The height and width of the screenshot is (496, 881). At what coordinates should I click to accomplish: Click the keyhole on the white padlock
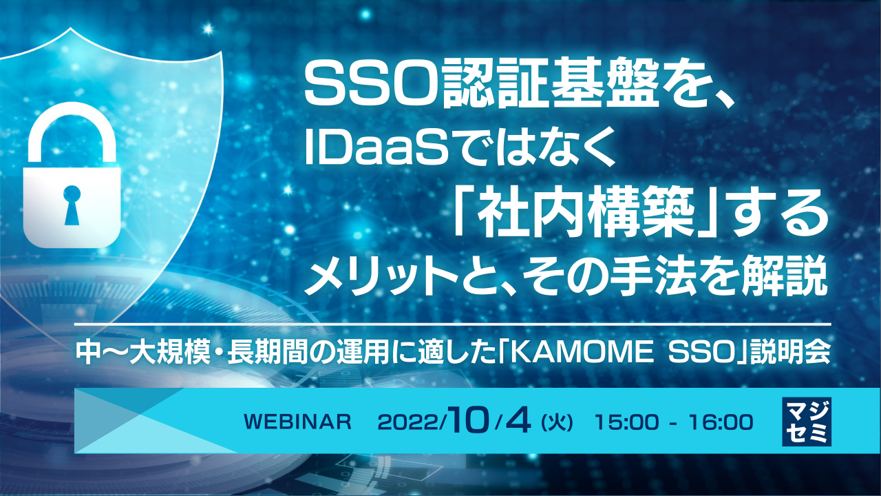tap(72, 205)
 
